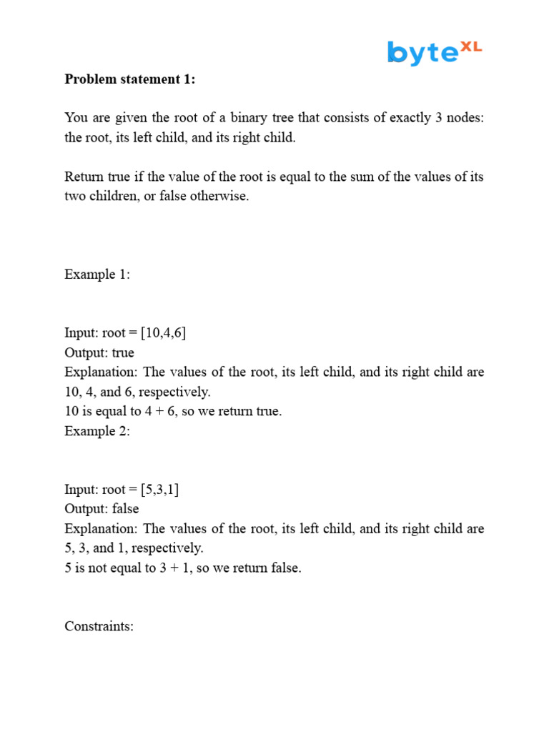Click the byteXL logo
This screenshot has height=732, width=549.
[435, 52]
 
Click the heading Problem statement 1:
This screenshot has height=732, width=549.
[129, 79]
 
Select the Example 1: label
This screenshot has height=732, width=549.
[97, 274]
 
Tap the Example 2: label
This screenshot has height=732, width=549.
[97, 431]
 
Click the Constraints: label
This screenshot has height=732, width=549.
[99, 626]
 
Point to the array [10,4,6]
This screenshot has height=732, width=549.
[164, 333]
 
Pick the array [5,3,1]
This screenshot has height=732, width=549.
[160, 490]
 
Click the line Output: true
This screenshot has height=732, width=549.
[99, 353]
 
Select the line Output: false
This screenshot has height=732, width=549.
[102, 509]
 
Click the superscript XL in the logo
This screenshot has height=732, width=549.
[470, 46]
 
